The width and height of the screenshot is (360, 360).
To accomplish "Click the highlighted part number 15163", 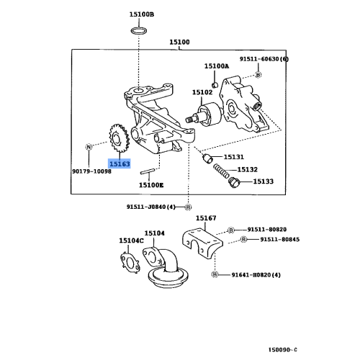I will point(119,164).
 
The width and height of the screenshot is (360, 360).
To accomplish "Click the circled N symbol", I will point(89,147).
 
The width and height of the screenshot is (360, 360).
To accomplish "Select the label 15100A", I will point(215,66).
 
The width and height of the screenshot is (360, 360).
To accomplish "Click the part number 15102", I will point(202,92).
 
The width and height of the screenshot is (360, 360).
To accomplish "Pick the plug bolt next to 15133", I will point(232,184).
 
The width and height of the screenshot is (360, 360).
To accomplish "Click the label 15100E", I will point(151,185).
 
